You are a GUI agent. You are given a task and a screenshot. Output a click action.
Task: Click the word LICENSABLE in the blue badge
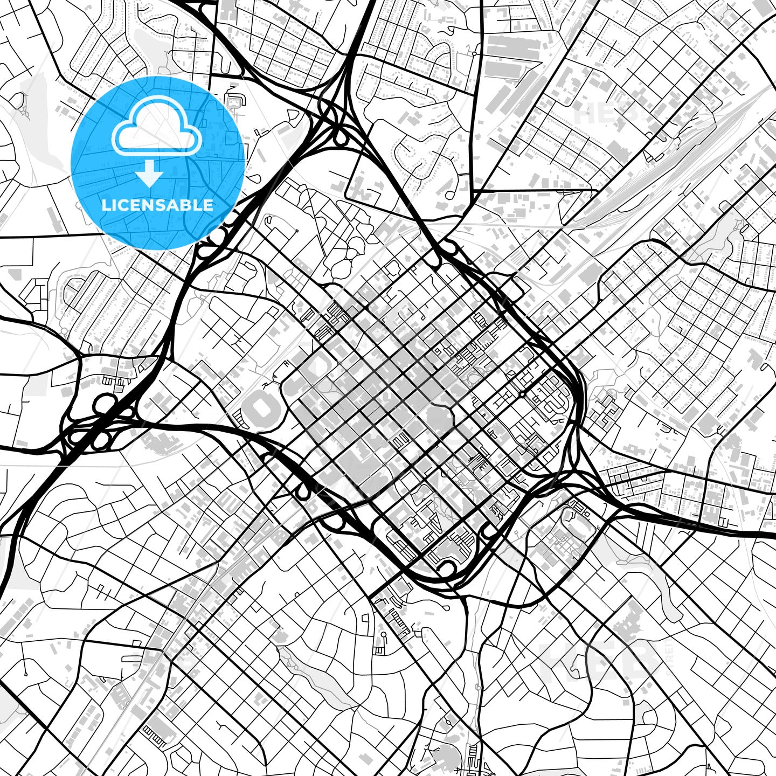157,205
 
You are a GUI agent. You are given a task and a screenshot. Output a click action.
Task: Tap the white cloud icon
157,131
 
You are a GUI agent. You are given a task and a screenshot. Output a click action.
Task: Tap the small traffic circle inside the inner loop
522,394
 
